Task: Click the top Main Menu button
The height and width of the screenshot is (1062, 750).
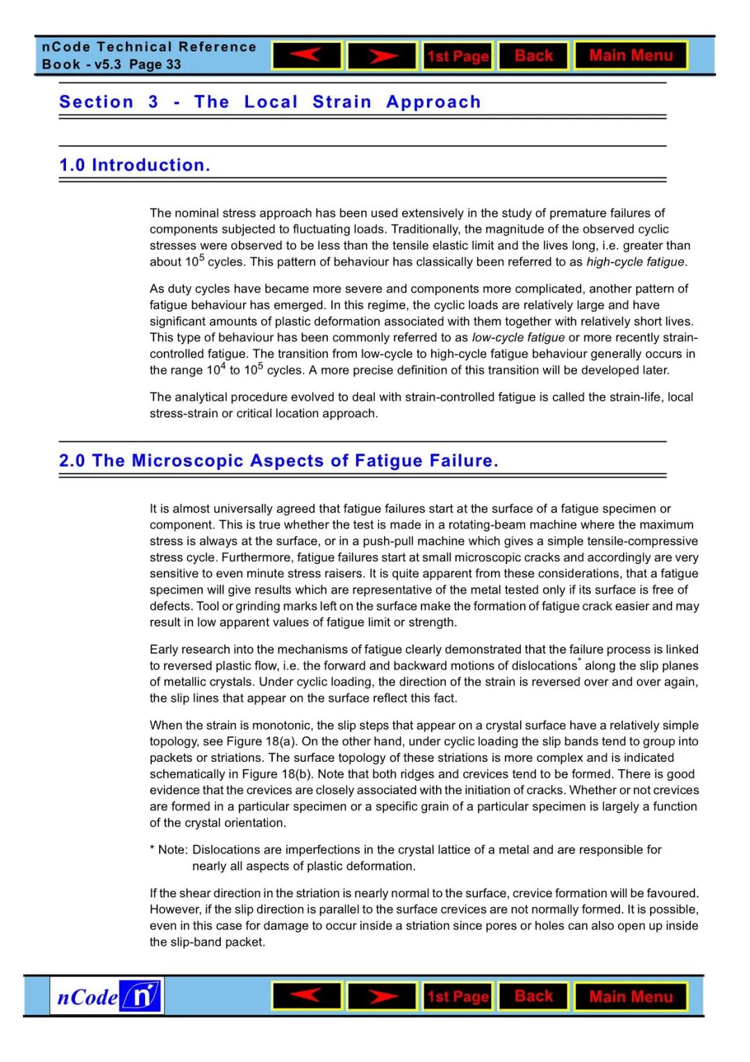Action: point(631,56)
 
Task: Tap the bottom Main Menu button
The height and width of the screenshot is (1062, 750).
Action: point(631,997)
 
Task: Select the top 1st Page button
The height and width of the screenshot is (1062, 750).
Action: point(458,56)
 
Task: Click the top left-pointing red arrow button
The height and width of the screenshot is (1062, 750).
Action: point(307,56)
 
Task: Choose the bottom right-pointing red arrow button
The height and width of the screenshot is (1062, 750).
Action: point(382,997)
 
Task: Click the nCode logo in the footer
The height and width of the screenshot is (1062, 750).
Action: point(108,997)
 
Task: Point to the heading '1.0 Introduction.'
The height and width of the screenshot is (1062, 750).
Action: point(135,165)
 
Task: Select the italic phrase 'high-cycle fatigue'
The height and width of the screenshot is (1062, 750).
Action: point(635,262)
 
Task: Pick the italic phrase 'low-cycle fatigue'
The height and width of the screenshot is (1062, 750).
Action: point(518,338)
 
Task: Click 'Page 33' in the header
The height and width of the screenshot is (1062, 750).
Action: point(155,65)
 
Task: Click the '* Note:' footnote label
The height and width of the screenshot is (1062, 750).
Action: point(169,849)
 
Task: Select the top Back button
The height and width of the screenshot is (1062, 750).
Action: point(533,56)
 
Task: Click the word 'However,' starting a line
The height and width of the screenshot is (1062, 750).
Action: point(173,909)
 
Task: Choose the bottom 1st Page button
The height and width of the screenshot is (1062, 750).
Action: point(458,997)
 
